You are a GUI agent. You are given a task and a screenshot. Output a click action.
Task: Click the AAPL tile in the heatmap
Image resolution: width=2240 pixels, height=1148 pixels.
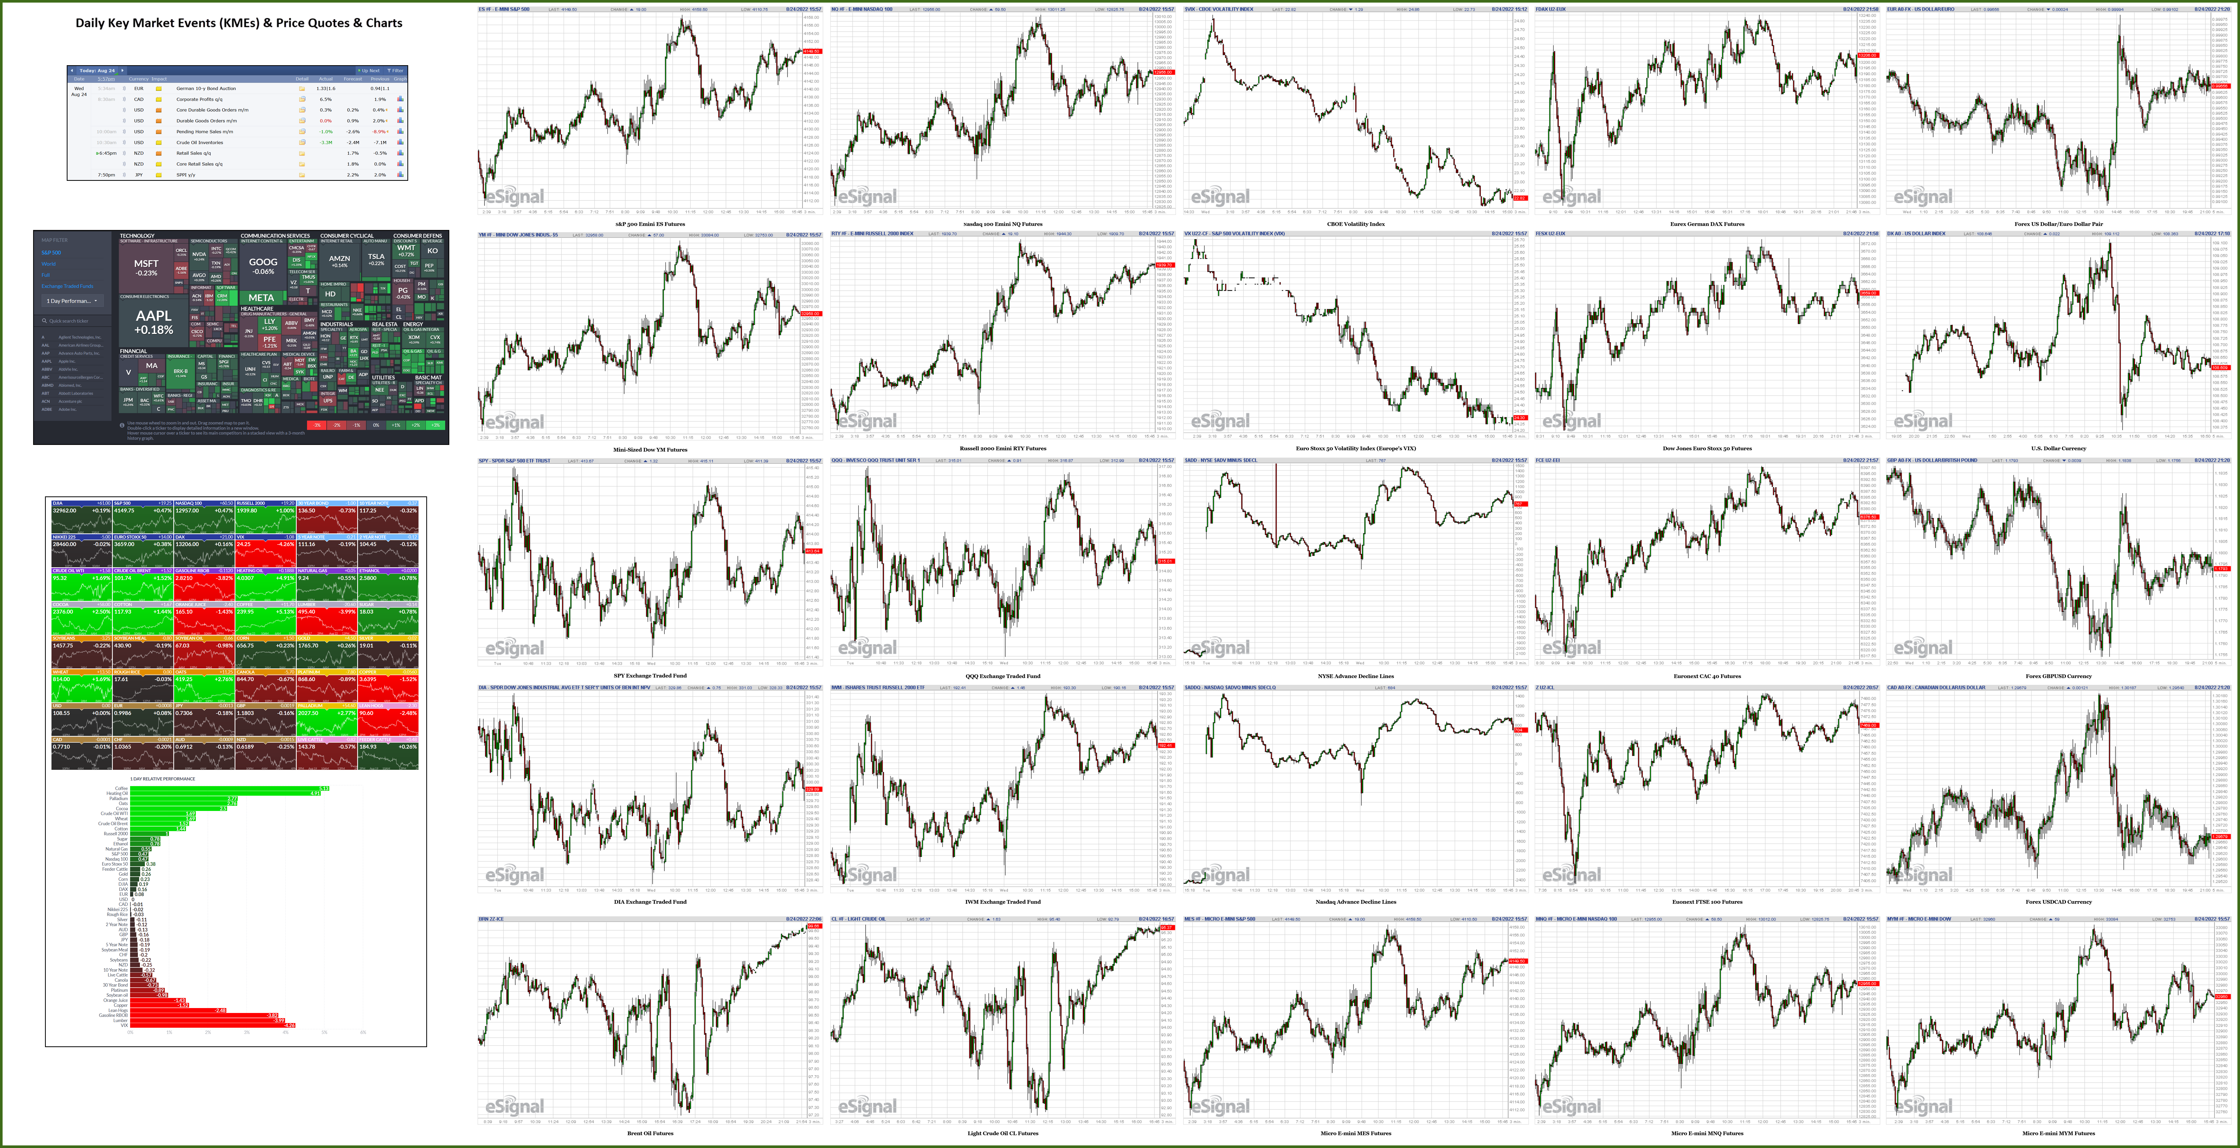tap(154, 323)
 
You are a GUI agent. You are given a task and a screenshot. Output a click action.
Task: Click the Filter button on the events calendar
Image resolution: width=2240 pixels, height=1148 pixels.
tap(397, 70)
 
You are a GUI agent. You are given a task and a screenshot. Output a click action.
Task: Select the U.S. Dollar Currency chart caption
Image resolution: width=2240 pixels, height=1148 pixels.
tap(2058, 449)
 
